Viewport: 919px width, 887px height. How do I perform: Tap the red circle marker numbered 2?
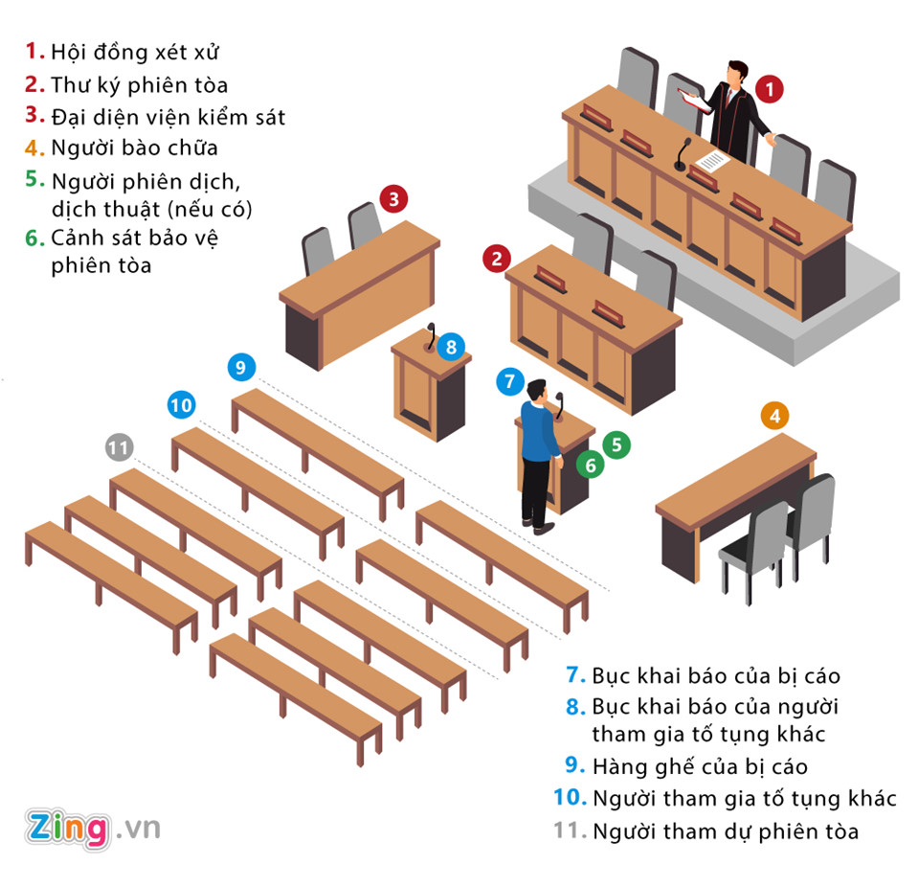click(496, 258)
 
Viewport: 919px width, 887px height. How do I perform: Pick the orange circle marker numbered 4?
click(775, 416)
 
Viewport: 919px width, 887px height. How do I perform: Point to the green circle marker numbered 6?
click(591, 466)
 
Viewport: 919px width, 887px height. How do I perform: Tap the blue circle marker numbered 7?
click(510, 381)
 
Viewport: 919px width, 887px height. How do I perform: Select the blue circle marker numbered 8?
click(451, 347)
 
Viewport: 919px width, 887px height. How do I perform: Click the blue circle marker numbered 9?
click(241, 366)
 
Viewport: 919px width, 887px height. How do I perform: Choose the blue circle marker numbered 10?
click(181, 405)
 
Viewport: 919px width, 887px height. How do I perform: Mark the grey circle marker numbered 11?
click(119, 447)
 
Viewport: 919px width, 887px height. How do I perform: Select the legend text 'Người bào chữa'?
click(134, 148)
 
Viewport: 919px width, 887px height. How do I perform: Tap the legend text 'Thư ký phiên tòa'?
click(140, 84)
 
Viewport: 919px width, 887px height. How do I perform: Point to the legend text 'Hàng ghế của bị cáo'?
click(700, 766)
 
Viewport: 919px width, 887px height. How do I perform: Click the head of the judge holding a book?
click(735, 73)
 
